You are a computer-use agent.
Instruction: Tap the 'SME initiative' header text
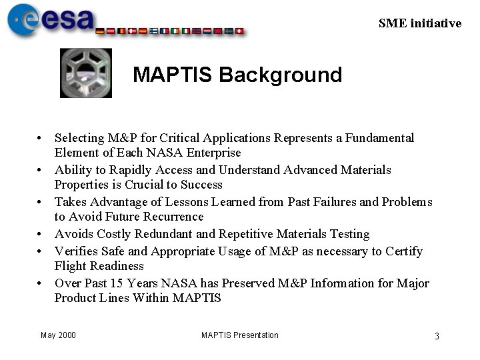coord(419,23)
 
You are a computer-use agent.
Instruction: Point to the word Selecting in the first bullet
coord(79,138)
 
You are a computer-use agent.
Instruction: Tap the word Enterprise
coord(214,153)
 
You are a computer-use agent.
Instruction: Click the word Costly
coord(114,234)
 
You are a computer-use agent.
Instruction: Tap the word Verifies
coord(75,251)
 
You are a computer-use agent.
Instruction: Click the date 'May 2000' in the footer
coord(58,335)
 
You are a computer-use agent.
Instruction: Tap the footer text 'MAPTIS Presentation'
coord(240,335)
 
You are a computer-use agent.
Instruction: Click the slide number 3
coord(437,336)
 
